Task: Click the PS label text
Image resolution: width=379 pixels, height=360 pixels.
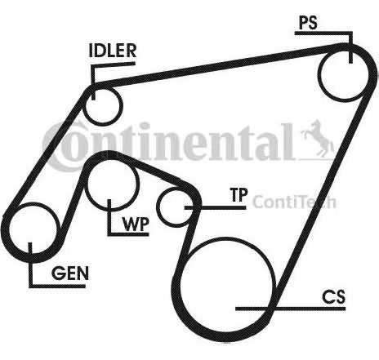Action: (308, 23)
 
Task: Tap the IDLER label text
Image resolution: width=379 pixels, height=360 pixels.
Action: (113, 51)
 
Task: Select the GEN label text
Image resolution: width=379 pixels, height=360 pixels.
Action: (70, 273)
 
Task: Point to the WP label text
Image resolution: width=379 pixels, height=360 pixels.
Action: (136, 224)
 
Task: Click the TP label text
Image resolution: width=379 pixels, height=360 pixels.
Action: (239, 195)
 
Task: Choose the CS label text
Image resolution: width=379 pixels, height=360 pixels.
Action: (333, 297)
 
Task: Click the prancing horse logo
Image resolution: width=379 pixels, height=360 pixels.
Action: (318, 140)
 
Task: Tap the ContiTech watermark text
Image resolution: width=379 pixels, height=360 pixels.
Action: (294, 202)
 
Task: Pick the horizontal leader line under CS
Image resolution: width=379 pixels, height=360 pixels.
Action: (291, 309)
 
